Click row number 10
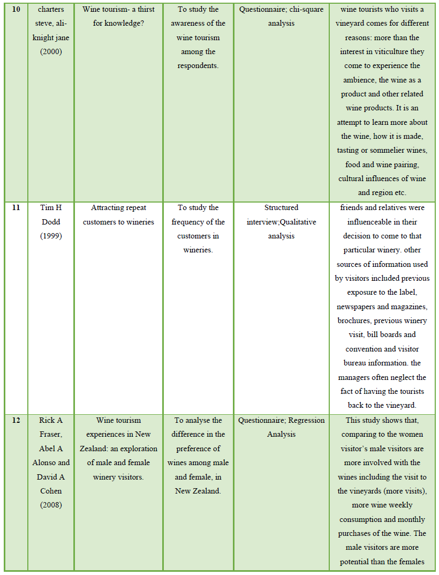(x=16, y=10)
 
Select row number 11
(x=16, y=208)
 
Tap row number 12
(x=16, y=421)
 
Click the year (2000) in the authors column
(x=51, y=52)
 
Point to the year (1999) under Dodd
(x=51, y=236)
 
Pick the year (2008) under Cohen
(x=51, y=505)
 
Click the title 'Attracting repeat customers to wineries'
(x=118, y=215)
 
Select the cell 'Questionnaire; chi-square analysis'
(x=281, y=17)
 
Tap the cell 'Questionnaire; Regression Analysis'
(x=281, y=427)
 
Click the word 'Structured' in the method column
(x=281, y=208)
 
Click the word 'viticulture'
(x=405, y=52)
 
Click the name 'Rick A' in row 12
(x=51, y=421)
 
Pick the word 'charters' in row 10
(x=51, y=10)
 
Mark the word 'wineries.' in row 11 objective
(x=198, y=250)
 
